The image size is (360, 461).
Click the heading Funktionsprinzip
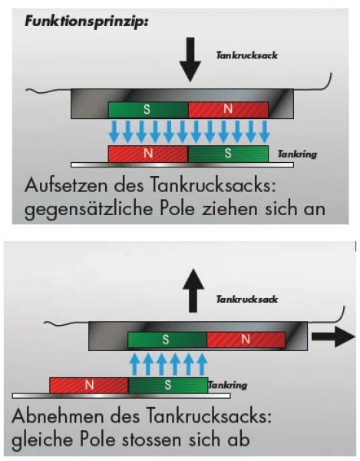pos(86,22)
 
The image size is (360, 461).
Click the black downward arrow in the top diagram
pos(190,59)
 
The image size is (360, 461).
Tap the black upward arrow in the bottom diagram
pos(193,290)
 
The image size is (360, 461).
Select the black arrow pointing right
pos(333,337)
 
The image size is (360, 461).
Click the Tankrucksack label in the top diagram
pos(247,55)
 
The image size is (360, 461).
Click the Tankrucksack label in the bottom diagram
pos(247,300)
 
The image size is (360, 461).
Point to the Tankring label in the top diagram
pos(297,154)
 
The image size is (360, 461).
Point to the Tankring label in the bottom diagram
pos(228,385)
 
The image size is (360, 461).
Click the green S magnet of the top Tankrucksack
pos(148,110)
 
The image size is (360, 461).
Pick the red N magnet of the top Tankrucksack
pos(228,110)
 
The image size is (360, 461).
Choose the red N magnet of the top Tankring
pos(148,154)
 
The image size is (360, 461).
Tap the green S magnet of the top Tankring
pos(228,154)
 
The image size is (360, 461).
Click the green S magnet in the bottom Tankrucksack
pos(167,340)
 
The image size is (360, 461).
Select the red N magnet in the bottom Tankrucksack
pos(246,340)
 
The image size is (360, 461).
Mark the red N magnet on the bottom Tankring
pos(89,386)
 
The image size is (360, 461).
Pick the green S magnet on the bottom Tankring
pos(168,386)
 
